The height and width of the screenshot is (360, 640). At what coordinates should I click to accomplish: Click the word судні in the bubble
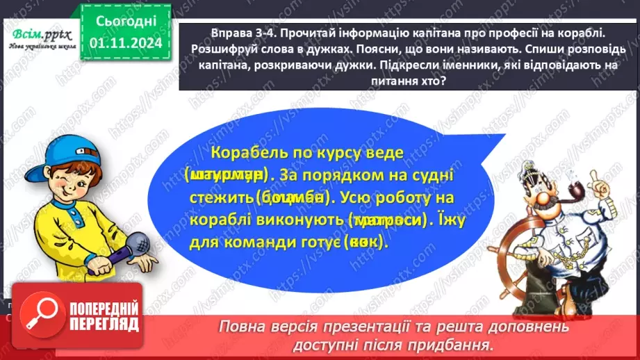pos(398,175)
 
